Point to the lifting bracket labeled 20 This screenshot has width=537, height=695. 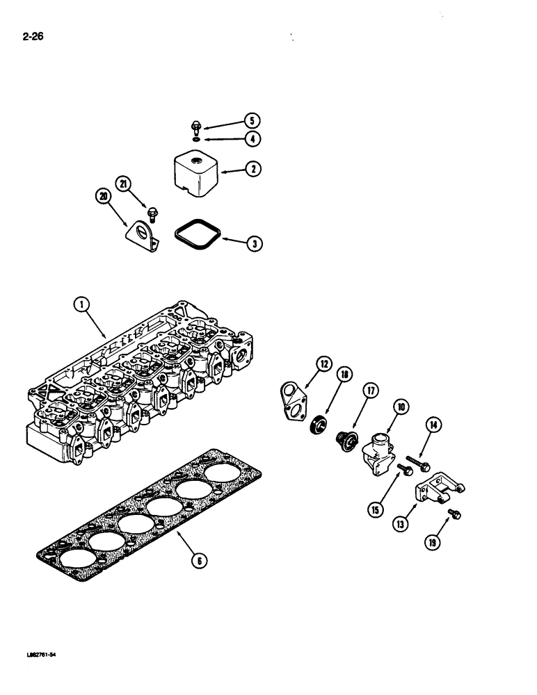[143, 236]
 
